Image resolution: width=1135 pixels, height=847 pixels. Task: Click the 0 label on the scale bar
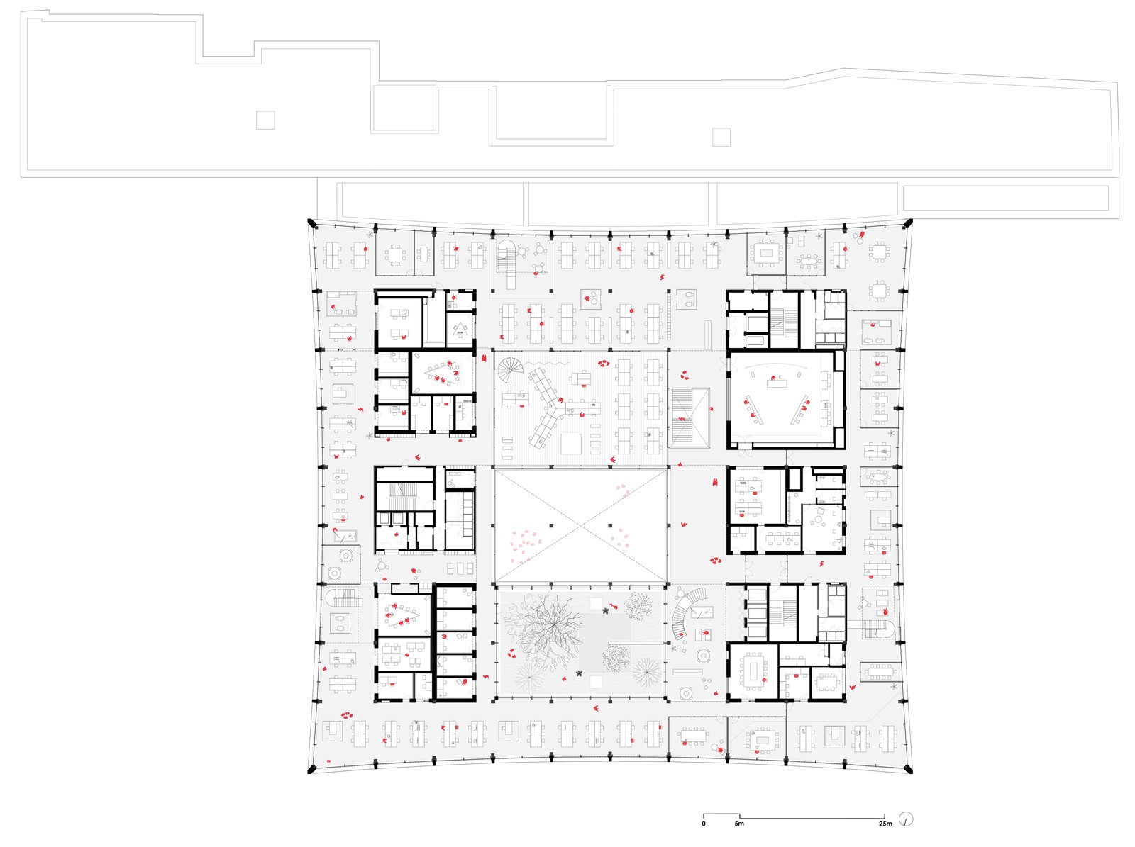pyautogui.click(x=703, y=824)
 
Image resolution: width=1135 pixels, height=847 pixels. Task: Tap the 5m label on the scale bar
pyautogui.click(x=739, y=824)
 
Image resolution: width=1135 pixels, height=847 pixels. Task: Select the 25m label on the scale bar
pyautogui.click(x=885, y=824)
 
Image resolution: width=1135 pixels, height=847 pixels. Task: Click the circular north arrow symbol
pyautogui.click(x=906, y=819)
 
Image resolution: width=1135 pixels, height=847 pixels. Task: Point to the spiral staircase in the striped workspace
pyautogui.click(x=509, y=370)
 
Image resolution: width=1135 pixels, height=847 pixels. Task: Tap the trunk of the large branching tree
pyautogui.click(x=549, y=627)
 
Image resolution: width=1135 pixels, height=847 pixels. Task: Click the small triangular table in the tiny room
pyautogui.click(x=460, y=330)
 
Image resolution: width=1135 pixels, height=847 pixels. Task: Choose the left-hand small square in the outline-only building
pyautogui.click(x=265, y=120)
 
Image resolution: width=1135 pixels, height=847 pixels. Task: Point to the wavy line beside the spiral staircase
pyautogui.click(x=541, y=364)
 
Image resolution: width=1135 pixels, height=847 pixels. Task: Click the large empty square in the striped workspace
pyautogui.click(x=571, y=444)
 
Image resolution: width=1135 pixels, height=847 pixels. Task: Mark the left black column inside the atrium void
pyautogui.click(x=552, y=526)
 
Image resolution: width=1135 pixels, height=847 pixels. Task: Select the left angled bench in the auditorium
pyautogui.click(x=754, y=410)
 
